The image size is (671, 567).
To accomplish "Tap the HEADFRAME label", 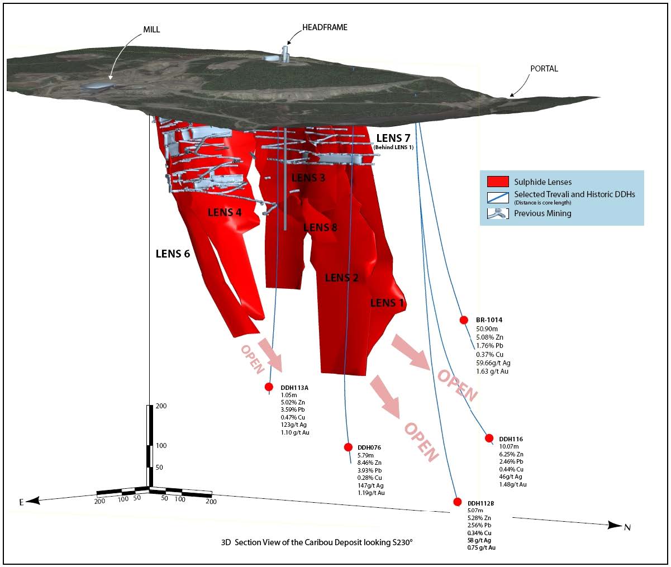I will (325, 27).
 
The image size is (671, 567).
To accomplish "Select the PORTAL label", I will (544, 69).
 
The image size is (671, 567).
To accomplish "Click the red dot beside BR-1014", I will (464, 320).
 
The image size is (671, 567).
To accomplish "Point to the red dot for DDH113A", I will (269, 387).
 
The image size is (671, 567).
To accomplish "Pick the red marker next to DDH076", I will (348, 447).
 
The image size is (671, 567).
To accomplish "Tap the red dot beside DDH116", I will (489, 438).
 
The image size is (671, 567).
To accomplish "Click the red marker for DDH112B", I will (458, 502).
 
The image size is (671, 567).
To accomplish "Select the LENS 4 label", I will (225, 212).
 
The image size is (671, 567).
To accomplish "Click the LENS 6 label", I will (173, 254).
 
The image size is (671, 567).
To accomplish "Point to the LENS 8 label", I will (320, 227).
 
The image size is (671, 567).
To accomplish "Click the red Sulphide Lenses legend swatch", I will (498, 182).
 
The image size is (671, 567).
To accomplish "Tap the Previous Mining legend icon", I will (498, 213).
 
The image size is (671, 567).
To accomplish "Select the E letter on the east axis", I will (22, 502).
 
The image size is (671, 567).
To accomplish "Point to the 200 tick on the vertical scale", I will (160, 406).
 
